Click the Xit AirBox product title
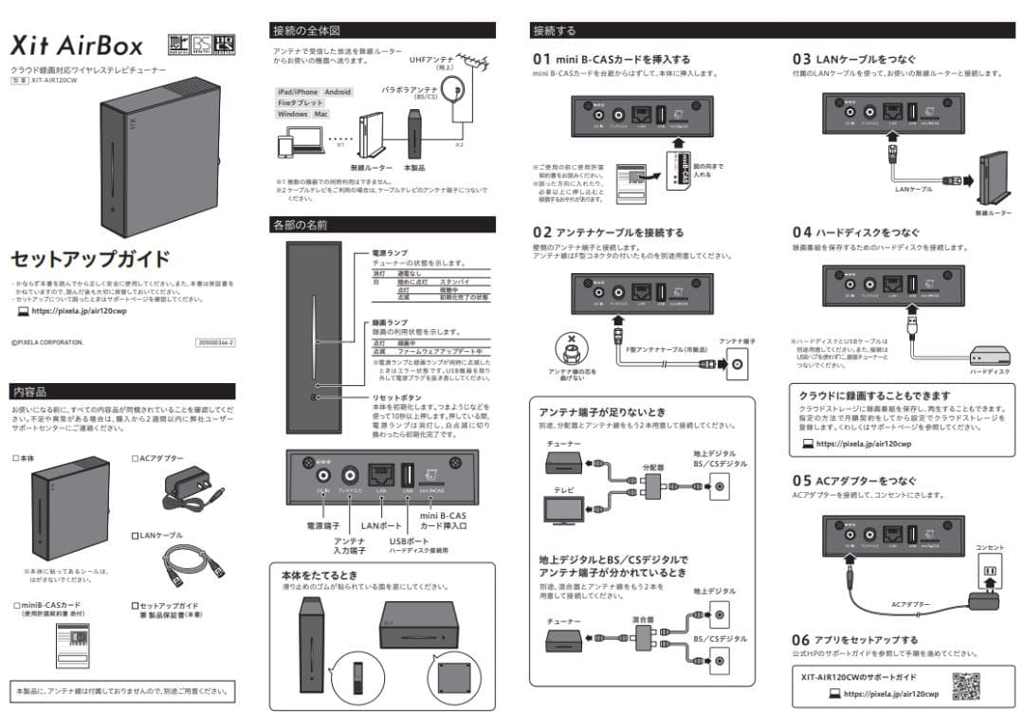click(x=77, y=45)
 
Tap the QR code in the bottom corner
click(x=965, y=685)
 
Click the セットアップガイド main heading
click(x=90, y=259)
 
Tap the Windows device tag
click(x=293, y=114)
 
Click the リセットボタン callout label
click(x=395, y=398)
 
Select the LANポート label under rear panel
click(x=382, y=524)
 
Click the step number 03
click(x=802, y=59)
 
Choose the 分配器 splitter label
click(x=653, y=467)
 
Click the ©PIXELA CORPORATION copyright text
click(x=47, y=340)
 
